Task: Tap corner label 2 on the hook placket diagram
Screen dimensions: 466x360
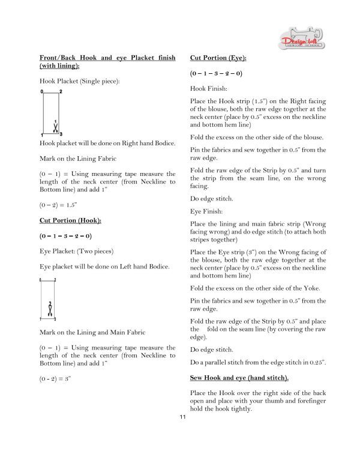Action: [x=61, y=91]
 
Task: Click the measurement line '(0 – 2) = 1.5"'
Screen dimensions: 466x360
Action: [x=59, y=205]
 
